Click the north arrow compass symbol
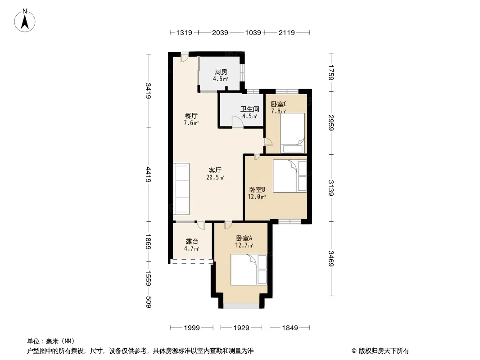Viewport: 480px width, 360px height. tap(25, 21)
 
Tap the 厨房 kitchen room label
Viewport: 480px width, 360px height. tap(221, 72)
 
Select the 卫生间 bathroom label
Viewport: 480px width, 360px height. tap(250, 109)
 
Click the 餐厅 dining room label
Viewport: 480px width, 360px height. tap(191, 116)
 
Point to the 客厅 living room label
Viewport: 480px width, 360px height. tap(215, 171)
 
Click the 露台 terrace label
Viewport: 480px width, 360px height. tap(192, 242)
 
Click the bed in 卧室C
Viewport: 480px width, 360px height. tap(293, 133)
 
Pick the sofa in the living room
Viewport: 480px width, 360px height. tap(181, 189)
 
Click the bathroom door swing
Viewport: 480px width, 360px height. tap(237, 121)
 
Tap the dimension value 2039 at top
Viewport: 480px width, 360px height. tap(220, 32)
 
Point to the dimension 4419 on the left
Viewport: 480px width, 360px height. tap(149, 174)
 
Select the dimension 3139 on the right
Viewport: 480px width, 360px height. tap(331, 188)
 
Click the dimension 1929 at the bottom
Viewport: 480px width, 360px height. tap(241, 328)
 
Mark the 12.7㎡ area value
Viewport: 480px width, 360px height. tap(244, 245)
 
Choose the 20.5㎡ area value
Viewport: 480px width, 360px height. tap(215, 177)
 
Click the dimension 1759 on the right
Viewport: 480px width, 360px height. tap(331, 72)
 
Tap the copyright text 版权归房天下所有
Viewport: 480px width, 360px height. tap(384, 351)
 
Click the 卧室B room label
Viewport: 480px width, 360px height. tap(257, 189)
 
